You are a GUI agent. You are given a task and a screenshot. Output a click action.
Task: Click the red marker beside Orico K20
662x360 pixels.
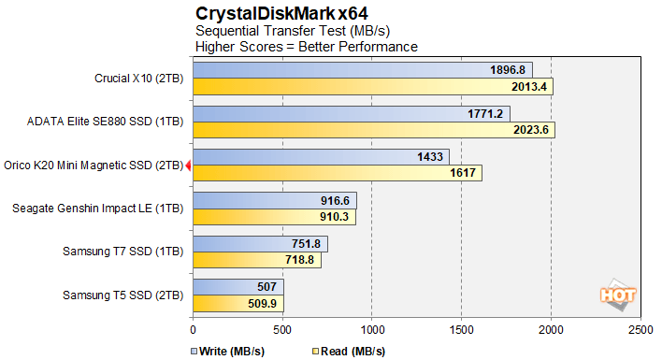189,165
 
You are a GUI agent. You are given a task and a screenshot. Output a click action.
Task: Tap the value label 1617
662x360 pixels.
463,173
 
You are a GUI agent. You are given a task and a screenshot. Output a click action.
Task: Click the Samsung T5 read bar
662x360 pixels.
237,304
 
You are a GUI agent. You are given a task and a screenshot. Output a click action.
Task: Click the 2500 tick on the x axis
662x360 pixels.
640,330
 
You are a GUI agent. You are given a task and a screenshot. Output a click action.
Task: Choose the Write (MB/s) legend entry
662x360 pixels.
229,351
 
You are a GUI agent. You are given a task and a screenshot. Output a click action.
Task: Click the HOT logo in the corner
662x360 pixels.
619,294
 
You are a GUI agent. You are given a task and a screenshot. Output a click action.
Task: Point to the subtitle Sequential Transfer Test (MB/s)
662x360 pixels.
265,31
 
